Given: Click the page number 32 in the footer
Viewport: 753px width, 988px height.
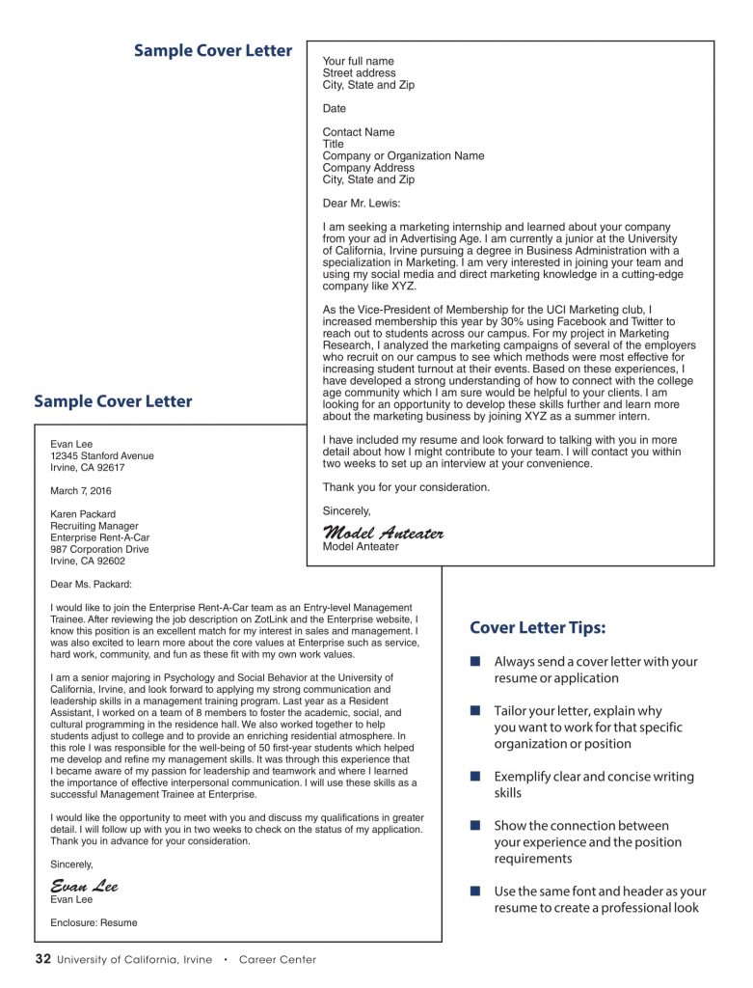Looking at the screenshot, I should click(42, 959).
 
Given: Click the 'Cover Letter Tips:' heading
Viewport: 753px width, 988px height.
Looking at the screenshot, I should click(537, 628).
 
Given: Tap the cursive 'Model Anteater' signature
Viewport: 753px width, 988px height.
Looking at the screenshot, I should click(383, 533).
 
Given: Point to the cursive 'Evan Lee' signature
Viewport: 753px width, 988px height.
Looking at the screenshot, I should click(84, 886).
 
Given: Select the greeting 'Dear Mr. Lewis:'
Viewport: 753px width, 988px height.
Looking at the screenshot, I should click(361, 204).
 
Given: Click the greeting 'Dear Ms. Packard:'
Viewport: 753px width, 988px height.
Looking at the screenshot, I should click(91, 584).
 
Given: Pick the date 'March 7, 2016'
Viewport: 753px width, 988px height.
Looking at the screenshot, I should click(81, 491).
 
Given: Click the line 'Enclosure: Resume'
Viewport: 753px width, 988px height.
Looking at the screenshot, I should click(94, 922).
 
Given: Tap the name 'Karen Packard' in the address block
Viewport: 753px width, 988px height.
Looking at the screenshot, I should click(83, 514).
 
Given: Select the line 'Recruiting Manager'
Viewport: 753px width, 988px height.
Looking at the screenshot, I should click(94, 526).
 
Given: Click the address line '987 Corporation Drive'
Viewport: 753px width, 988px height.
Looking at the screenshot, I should click(99, 549).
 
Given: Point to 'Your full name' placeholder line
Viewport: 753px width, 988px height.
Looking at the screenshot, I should click(358, 61).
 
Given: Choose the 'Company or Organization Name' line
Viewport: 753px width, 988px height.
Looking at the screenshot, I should click(403, 155).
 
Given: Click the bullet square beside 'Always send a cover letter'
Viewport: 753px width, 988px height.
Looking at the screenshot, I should click(474, 662).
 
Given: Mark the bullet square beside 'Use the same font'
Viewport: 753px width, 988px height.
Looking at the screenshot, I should click(474, 892).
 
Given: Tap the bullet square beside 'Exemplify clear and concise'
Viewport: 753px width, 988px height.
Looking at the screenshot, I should click(474, 777).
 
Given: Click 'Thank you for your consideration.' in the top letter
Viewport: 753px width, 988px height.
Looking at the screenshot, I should click(406, 487).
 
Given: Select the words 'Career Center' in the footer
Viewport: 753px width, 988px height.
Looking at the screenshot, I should click(277, 960).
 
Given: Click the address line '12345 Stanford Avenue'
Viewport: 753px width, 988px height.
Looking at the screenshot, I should click(101, 455).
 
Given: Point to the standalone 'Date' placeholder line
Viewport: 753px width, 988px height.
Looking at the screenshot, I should click(334, 109).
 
